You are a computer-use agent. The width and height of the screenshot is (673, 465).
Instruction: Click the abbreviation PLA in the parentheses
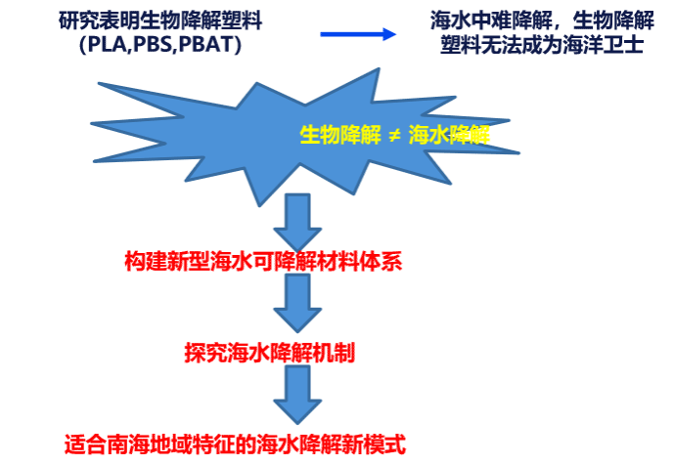[105, 45]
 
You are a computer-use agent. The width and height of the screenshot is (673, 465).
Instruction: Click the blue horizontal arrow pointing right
[358, 34]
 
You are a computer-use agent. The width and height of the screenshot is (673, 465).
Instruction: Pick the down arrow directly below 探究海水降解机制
[296, 394]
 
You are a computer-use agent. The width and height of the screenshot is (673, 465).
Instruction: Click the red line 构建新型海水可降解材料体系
[263, 261]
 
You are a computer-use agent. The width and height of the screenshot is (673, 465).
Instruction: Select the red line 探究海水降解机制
[270, 353]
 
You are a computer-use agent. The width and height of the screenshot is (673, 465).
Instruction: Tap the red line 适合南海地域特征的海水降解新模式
[235, 444]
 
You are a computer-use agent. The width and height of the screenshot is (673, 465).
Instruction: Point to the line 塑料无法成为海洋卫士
[542, 45]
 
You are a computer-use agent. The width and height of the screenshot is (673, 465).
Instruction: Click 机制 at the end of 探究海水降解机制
[335, 353]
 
